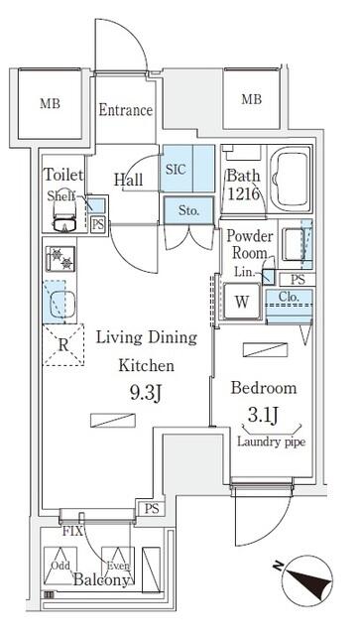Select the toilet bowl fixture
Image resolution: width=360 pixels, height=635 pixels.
click(x=64, y=214)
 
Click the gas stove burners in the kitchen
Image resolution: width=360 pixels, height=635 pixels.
click(x=60, y=259)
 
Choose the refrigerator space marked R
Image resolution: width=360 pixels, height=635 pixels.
click(x=63, y=344)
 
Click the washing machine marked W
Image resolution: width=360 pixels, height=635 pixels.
click(x=242, y=302)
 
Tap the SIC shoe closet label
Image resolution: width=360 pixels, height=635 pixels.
click(x=177, y=169)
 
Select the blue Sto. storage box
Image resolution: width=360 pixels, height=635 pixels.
click(x=188, y=209)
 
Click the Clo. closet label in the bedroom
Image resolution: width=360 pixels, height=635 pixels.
click(x=289, y=297)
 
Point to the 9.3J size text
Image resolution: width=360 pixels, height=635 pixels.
click(x=146, y=393)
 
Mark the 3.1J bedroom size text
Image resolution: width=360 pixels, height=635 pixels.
click(x=263, y=415)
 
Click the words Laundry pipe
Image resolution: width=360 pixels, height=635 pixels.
click(x=271, y=442)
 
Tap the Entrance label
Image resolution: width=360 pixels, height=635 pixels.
click(x=126, y=110)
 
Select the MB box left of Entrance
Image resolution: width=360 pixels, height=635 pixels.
click(x=50, y=103)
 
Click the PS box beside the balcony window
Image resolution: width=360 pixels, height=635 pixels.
click(x=152, y=509)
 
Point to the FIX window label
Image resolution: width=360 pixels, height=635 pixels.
click(x=72, y=531)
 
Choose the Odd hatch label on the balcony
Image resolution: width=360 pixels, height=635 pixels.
click(x=60, y=566)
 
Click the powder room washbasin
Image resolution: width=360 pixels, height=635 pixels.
click(x=294, y=244)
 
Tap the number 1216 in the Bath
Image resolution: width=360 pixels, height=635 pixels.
click(x=243, y=194)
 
